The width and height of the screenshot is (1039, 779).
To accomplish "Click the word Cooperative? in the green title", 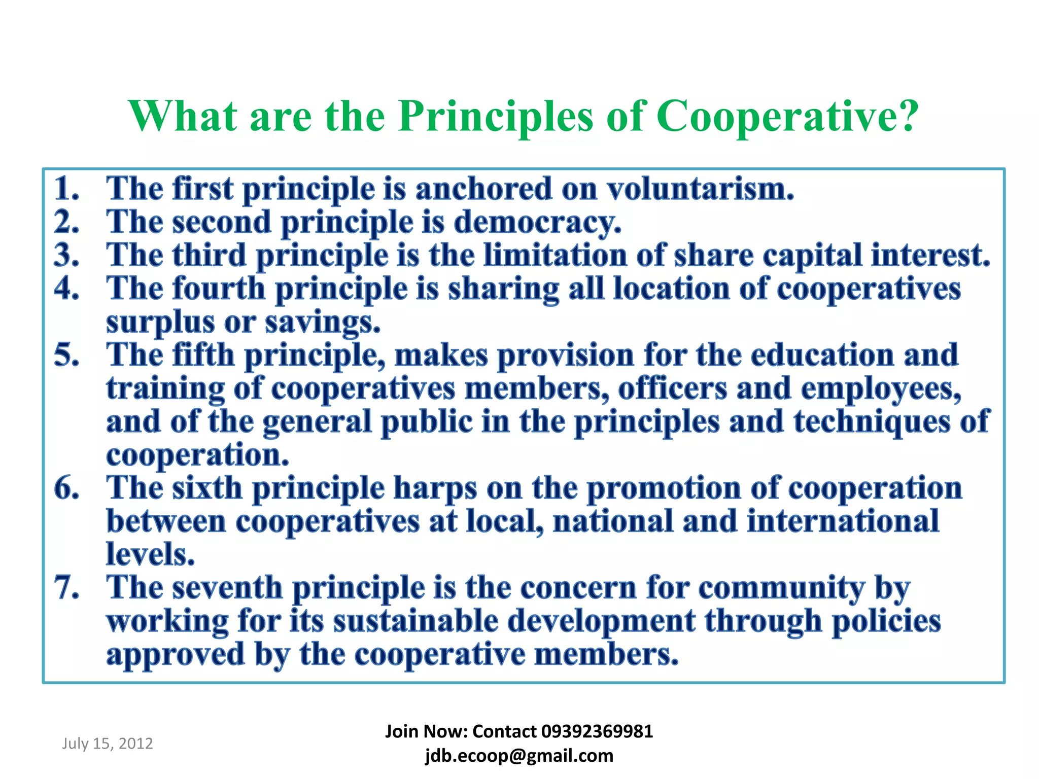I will coord(787,116).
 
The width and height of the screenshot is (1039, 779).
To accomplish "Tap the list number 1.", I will coord(66,189).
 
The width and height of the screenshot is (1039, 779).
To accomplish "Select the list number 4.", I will coord(66,289).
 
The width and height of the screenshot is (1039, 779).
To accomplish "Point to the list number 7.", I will coord(66,588).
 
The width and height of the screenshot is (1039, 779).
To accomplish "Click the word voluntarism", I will coord(701,189).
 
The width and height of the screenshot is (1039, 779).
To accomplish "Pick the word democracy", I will coord(537,223).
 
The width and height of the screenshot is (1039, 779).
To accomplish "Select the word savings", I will coord(323,323).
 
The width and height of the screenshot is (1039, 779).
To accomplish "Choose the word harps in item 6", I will coord(435,488).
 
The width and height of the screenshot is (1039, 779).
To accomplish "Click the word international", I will coord(843,521).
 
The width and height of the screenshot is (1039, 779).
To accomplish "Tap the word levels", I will coord(151,554).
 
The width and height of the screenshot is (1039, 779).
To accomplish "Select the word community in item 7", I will coord(781,588).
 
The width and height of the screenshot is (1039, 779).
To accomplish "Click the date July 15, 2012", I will coord(108,743).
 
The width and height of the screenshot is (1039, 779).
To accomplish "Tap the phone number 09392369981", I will coord(597,731).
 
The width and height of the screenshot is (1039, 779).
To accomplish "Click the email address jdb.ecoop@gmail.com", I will coord(519,756).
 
